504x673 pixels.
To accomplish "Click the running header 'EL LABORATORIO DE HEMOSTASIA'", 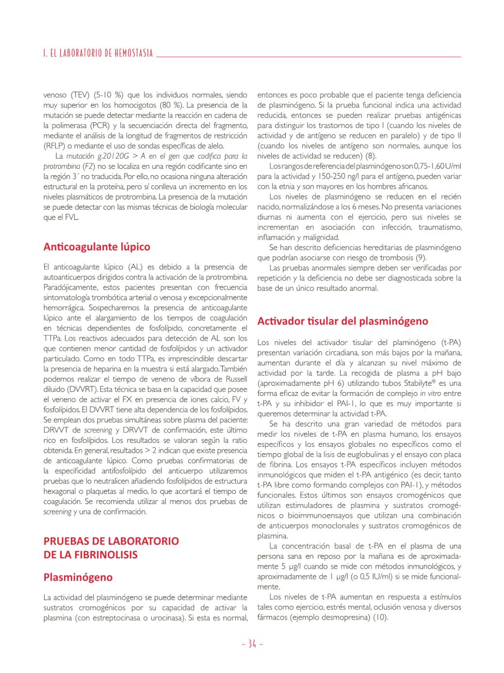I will click(101, 53).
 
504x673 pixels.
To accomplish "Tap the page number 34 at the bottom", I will click(252, 644).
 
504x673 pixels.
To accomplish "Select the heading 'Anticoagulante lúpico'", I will click(97, 246).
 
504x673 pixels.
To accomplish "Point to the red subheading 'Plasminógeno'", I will click(78, 577).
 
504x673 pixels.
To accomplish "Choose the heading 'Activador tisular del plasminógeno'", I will click(342, 321).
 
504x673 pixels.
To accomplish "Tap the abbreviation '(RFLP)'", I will click(54, 146).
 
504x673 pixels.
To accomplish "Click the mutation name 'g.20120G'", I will click(113, 156).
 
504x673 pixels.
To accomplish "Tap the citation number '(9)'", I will click(421, 258).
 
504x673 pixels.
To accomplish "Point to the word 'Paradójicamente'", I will click(69, 287).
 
